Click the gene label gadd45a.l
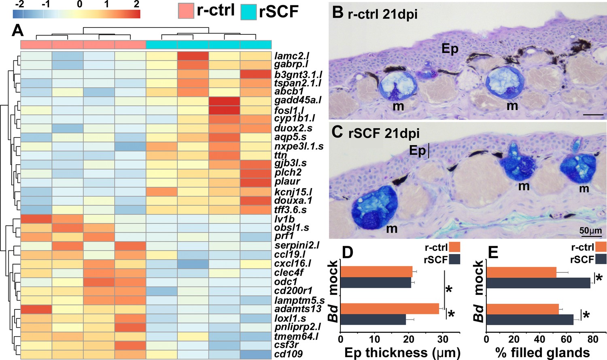click(297, 100)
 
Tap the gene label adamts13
click(298, 309)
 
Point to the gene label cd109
click(288, 354)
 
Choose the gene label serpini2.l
click(297, 245)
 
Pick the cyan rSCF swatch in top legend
click(248, 12)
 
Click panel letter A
click(17, 30)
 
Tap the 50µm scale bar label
click(590, 231)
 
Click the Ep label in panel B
click(450, 49)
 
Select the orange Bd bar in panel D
click(390, 309)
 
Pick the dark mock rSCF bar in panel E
click(538, 283)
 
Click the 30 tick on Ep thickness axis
click(443, 339)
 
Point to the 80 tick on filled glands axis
click(593, 339)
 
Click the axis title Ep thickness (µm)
click(402, 353)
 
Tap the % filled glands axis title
click(542, 353)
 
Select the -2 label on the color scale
click(19, 4)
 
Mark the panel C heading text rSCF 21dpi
click(384, 133)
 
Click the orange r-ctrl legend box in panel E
click(601, 247)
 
